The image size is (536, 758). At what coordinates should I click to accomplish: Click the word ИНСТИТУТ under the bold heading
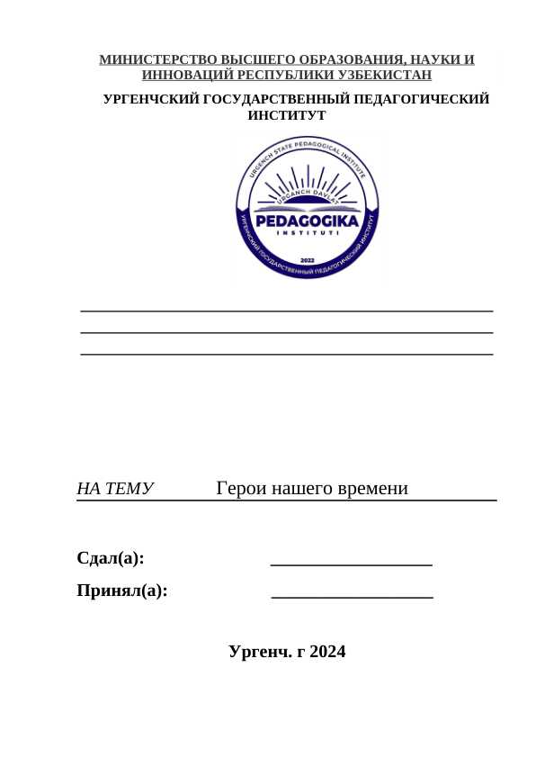click(286, 115)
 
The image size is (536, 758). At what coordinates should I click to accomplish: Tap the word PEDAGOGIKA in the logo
click(308, 221)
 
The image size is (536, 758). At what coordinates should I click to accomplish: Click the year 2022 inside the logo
click(308, 257)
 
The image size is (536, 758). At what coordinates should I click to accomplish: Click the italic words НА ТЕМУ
click(115, 489)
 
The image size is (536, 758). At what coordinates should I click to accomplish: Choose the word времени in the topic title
click(371, 489)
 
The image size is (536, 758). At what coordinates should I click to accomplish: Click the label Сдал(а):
click(111, 558)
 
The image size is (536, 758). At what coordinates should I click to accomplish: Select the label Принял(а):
click(122, 591)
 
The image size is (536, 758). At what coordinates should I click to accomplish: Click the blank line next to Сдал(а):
click(351, 564)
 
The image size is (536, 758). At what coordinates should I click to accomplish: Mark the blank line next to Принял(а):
click(352, 596)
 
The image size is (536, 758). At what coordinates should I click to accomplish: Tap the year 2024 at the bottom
click(327, 652)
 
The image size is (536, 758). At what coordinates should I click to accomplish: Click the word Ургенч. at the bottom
click(259, 652)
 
